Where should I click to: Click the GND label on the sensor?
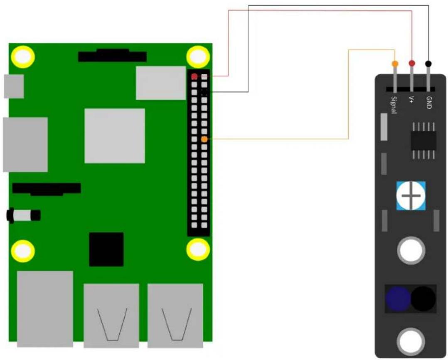(x=429, y=103)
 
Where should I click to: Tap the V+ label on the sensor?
(x=411, y=100)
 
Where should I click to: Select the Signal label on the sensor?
(x=394, y=105)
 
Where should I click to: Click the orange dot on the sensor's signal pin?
(x=395, y=64)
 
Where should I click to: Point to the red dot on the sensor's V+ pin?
(x=412, y=63)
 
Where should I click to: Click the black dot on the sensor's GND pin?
(x=428, y=64)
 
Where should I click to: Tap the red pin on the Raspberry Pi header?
(x=194, y=76)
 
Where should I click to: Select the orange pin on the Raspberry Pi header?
(x=204, y=140)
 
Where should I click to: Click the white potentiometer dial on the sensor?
(x=411, y=196)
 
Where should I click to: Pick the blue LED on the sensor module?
(x=398, y=299)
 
